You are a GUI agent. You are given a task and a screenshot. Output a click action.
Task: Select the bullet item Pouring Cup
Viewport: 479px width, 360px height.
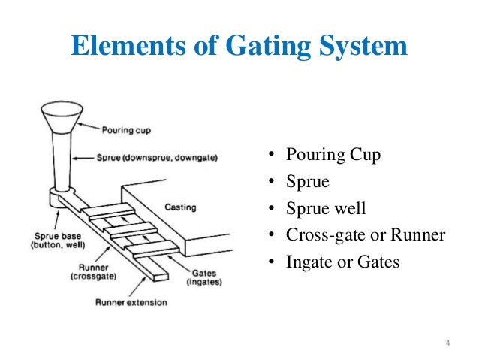click(x=333, y=156)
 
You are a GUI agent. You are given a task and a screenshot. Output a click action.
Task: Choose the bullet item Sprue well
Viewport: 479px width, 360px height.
click(x=324, y=208)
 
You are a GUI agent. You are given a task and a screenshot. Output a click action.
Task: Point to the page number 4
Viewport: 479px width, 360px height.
click(x=447, y=345)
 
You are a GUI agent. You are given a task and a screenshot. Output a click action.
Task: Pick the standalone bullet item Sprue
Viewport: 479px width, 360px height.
click(x=304, y=182)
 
